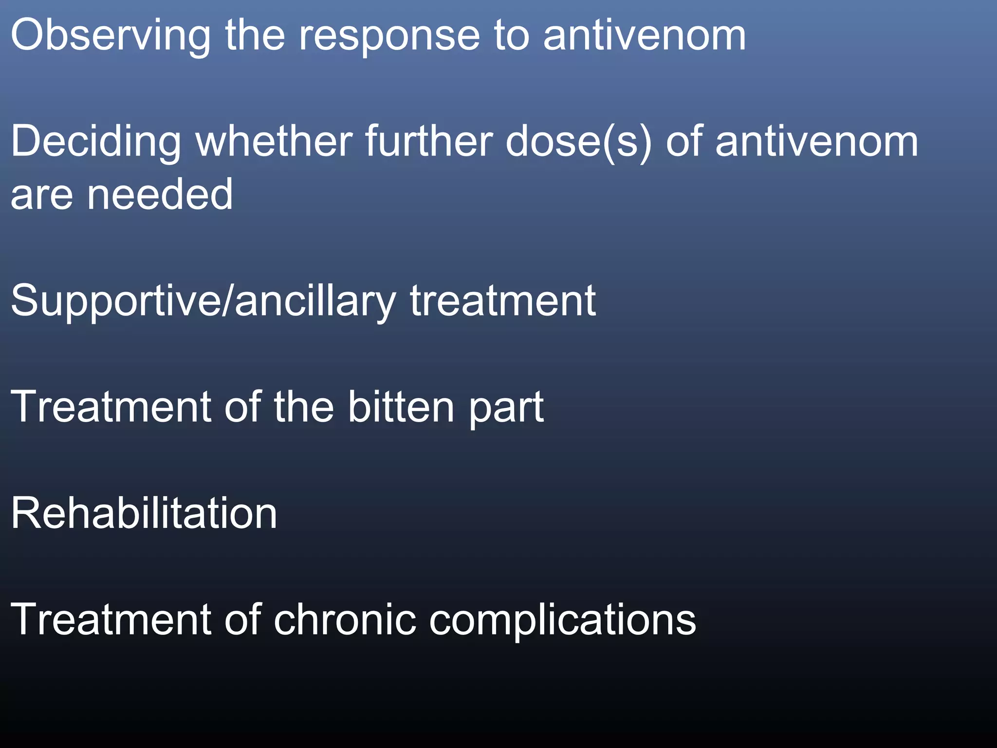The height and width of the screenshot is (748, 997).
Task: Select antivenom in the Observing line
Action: click(644, 35)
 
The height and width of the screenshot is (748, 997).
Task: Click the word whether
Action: click(274, 141)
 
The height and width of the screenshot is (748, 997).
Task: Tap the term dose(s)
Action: click(578, 142)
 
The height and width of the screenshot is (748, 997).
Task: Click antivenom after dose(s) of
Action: click(816, 141)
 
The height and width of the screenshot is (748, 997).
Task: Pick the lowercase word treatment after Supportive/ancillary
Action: click(503, 301)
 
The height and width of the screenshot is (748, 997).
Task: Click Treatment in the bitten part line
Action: click(111, 407)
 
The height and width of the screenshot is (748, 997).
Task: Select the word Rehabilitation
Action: click(144, 513)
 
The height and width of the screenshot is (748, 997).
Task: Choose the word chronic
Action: click(344, 619)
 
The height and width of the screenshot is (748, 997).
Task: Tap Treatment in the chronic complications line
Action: click(111, 619)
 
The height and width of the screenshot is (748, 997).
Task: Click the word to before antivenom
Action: click(511, 36)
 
